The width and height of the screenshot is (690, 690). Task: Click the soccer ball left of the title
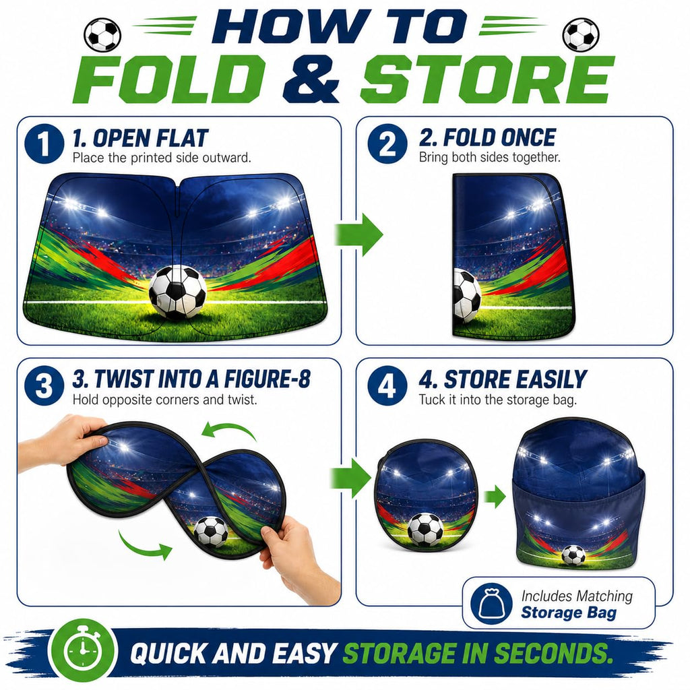coord(102,35)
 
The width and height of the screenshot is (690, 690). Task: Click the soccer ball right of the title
coord(581,35)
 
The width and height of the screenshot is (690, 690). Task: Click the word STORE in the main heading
coord(487,80)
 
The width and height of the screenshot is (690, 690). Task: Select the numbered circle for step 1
coord(44,144)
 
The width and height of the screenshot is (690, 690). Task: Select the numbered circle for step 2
coord(387,144)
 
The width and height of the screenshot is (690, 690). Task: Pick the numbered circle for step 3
coord(44,386)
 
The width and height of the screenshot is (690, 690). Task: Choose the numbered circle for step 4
coord(387,385)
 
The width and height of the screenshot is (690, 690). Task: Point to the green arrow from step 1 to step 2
coord(358,234)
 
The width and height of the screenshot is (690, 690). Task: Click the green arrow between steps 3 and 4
coord(350,478)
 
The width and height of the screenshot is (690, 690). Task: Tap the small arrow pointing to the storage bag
coord(495,497)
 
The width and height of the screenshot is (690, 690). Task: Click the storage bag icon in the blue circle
coord(491,602)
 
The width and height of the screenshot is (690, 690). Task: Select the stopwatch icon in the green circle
coord(83,650)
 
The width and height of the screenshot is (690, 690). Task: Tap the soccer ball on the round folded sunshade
coord(426,530)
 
